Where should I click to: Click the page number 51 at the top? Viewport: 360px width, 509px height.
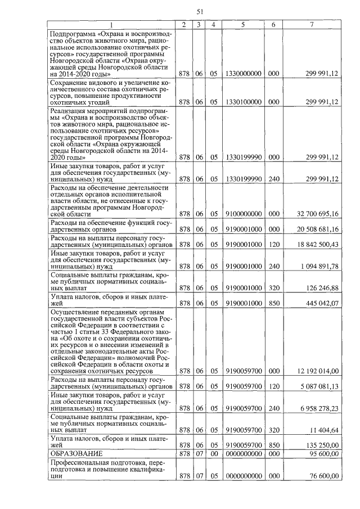point(200,12)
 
